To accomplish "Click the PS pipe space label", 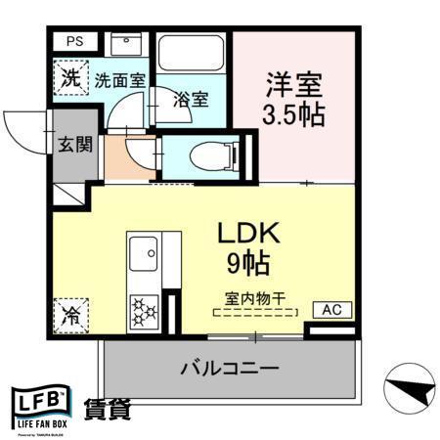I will coord(74,41).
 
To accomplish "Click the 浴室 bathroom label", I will coord(191,99).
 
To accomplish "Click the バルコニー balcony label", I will coord(230,369).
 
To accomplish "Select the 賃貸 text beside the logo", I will coord(108,409).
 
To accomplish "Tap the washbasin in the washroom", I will coord(125,45).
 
